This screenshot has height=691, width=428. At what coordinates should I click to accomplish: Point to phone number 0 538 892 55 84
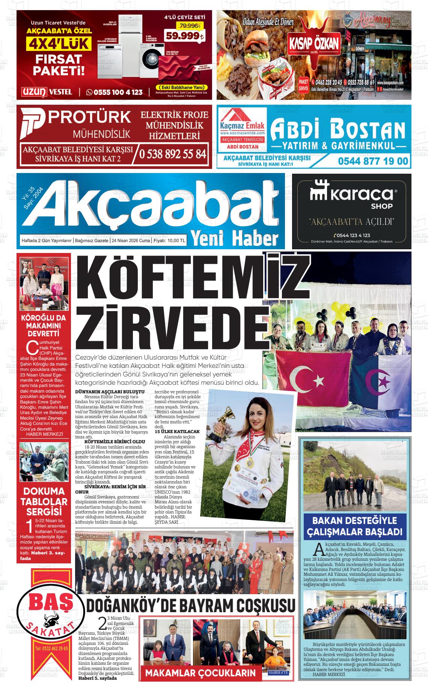(173, 154)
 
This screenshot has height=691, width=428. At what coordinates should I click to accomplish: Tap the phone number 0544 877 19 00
(372, 161)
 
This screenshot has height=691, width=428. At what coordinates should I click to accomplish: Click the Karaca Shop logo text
(351, 195)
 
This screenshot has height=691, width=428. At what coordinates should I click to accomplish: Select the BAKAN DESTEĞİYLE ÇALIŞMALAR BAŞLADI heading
(354, 526)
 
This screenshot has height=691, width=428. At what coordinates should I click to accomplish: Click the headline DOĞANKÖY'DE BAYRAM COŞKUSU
(191, 605)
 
